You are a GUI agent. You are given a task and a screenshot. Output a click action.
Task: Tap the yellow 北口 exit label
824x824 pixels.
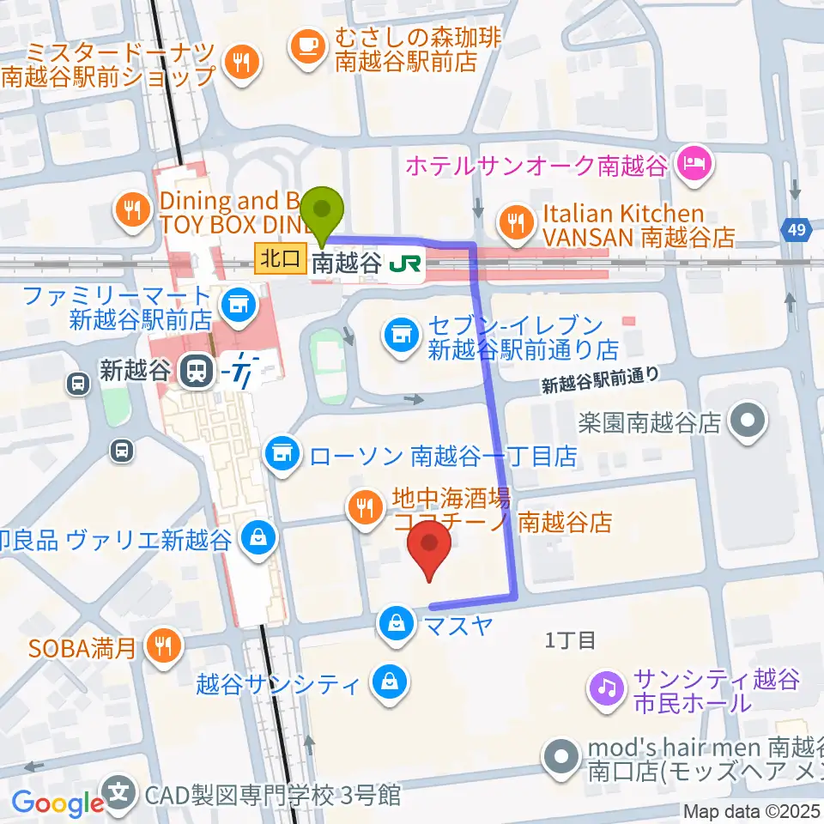pos(280,257)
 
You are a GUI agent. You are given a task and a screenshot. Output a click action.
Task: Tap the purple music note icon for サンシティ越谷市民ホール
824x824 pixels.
pos(606,687)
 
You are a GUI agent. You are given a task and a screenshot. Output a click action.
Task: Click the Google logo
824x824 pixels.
pos(58,803)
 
